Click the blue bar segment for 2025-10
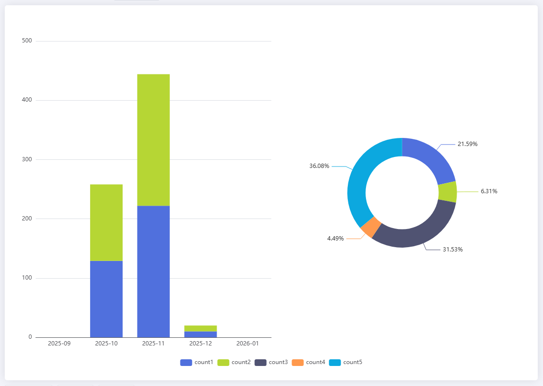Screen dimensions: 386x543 (106, 299)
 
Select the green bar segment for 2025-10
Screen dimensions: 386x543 (106, 222)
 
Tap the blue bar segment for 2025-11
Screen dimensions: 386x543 (153, 271)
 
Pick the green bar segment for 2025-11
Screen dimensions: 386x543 (153, 140)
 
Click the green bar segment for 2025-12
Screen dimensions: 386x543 (200, 328)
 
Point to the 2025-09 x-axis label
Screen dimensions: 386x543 (59, 344)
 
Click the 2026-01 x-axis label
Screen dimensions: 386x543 (248, 344)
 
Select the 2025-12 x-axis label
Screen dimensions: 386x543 (200, 344)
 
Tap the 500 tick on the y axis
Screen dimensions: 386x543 (27, 41)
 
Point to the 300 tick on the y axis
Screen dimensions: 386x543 (27, 159)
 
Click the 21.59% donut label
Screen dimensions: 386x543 (468, 144)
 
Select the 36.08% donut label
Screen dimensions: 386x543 (319, 166)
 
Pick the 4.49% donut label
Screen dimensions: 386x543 (335, 239)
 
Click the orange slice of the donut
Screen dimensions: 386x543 (371, 227)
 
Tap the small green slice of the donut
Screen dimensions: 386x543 (447, 191)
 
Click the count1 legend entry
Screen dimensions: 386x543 (197, 363)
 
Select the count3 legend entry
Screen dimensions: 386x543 (271, 363)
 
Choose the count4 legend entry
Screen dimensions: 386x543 (308, 363)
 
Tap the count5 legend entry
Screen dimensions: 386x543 (345, 363)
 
